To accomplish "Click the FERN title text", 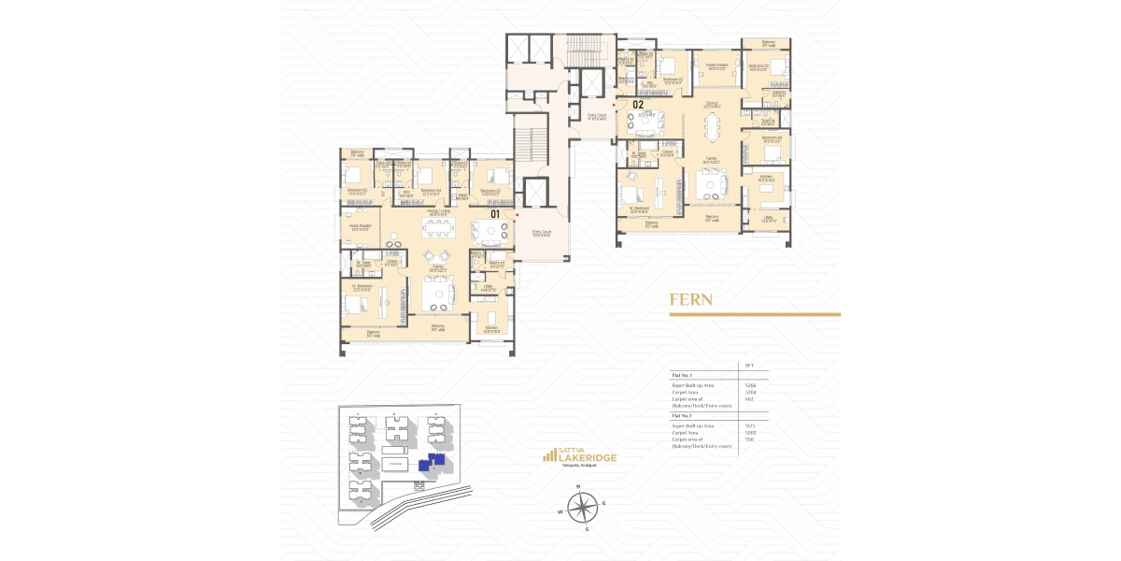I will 691,301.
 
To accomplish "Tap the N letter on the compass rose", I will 580,487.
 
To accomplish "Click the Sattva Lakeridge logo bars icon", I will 550,456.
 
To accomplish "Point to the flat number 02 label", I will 639,105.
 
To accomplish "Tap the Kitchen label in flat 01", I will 491,328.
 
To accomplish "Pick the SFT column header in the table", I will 748,365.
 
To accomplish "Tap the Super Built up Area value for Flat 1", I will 749,384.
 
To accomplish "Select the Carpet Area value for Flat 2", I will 749,433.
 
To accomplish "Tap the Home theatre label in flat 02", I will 717,65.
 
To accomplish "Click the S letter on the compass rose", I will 587,529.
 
